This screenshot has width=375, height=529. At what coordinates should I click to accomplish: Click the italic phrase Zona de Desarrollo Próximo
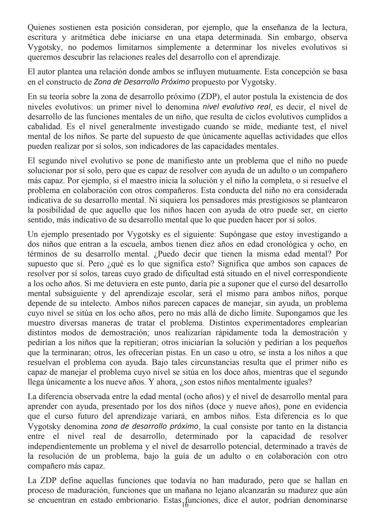[142, 82]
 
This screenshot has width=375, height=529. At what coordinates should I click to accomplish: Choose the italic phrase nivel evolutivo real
[236, 107]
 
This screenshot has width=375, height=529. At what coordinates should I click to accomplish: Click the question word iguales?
[297, 382]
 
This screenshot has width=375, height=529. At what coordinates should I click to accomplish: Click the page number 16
[185, 505]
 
